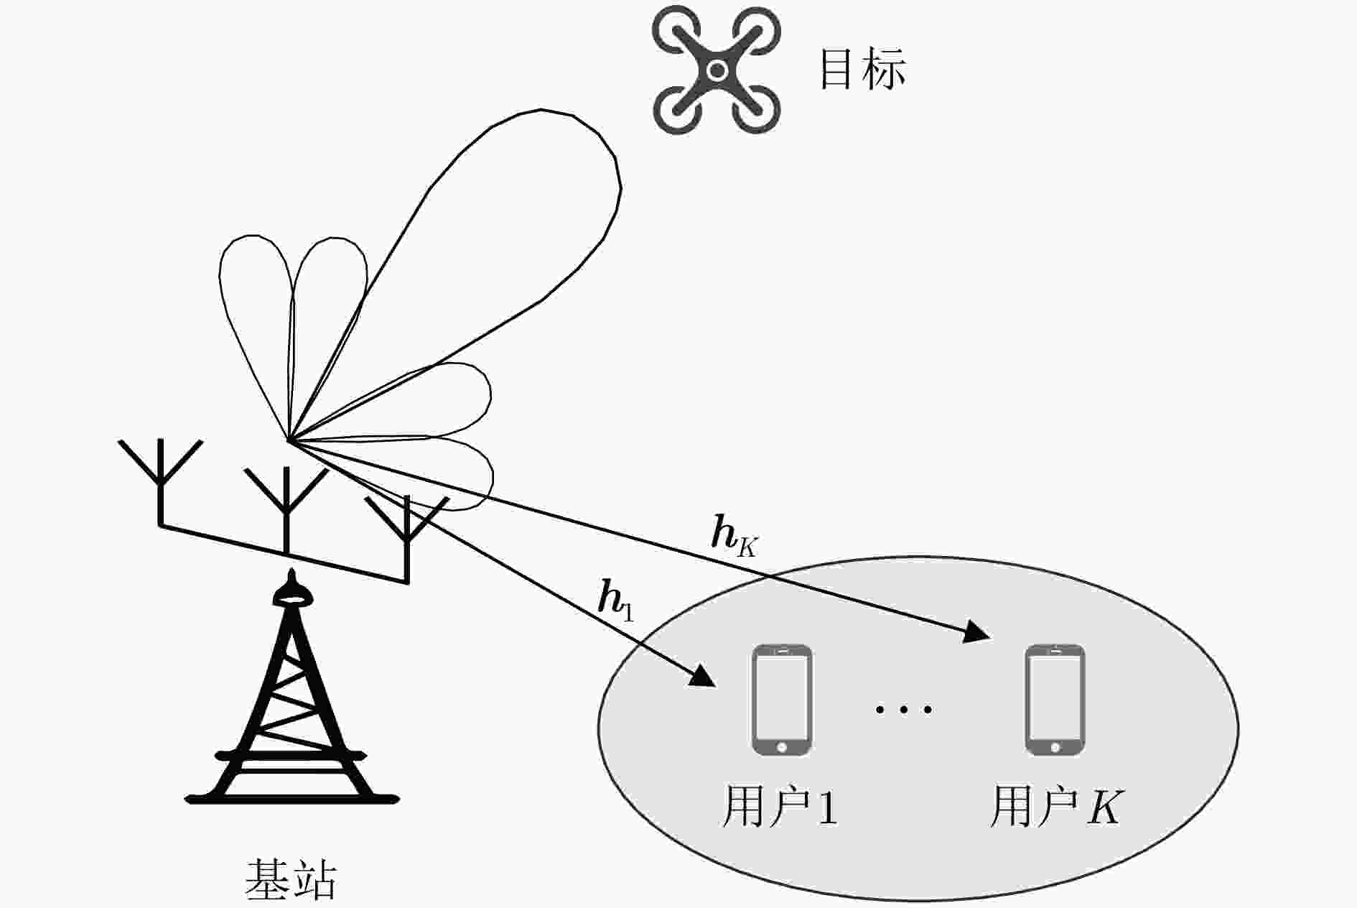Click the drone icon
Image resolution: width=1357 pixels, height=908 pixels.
716,70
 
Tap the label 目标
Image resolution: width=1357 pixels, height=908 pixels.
862,69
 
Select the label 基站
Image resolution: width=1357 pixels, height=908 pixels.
291,879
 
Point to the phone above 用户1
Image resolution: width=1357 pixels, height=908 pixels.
781,700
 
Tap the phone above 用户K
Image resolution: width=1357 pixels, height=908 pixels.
1054,700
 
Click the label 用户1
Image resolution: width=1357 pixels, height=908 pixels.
780,807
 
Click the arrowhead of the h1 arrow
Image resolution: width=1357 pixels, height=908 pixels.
704,677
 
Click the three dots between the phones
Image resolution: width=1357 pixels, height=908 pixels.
903,710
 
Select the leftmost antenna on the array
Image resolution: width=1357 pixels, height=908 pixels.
160,478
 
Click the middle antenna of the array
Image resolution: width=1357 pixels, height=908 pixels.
286,503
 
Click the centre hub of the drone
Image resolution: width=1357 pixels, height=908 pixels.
717,70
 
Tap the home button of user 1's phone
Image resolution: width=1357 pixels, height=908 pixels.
781,748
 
